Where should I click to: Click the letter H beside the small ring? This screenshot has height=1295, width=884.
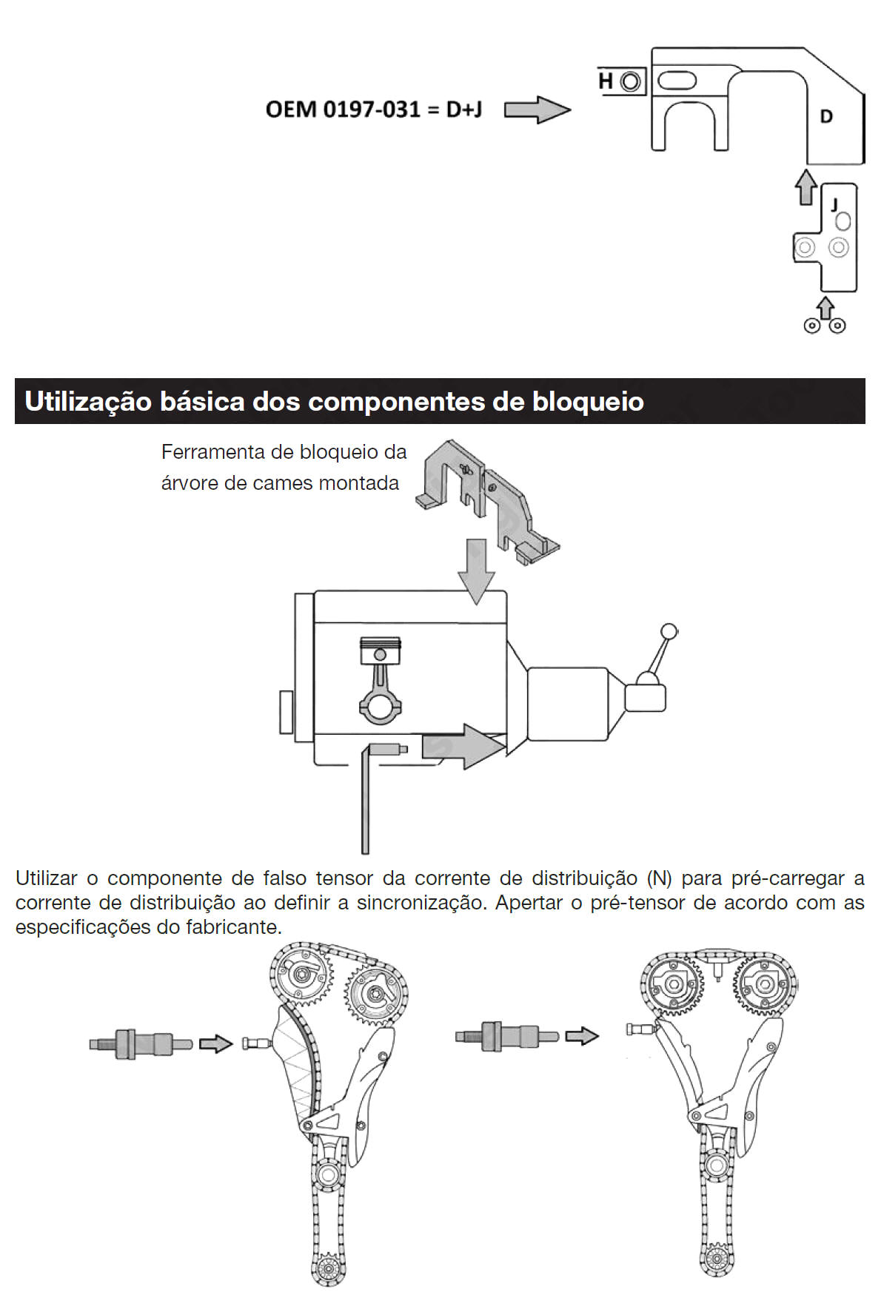(606, 81)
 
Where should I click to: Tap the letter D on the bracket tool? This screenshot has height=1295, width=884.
(826, 116)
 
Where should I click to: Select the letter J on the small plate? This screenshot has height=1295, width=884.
(835, 204)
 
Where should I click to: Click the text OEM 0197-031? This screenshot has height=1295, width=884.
(344, 110)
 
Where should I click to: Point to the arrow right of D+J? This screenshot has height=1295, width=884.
(538, 110)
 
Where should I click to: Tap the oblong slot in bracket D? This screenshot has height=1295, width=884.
(677, 80)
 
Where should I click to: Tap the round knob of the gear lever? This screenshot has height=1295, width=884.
(669, 632)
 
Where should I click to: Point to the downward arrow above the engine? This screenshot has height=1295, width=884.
(476, 571)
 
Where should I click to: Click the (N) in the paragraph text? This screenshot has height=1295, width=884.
(659, 878)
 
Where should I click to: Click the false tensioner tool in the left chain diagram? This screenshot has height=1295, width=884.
(141, 1044)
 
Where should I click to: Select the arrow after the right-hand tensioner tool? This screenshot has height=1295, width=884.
(582, 1036)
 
